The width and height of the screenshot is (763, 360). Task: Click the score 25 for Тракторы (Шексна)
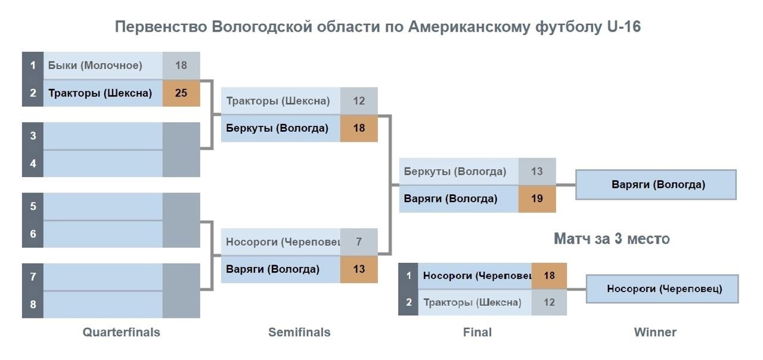[181, 93]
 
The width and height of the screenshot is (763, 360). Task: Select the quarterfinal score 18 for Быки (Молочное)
[181, 66]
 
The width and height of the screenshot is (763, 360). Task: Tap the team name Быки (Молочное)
[95, 66]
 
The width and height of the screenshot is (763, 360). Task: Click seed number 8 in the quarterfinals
[33, 304]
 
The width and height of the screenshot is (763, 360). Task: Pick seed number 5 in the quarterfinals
[33, 206]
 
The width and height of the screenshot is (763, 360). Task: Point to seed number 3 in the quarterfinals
[33, 135]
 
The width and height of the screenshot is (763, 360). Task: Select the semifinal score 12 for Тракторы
[359, 101]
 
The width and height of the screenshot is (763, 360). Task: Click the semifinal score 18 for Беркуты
[359, 128]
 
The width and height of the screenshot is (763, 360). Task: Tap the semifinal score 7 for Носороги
[359, 242]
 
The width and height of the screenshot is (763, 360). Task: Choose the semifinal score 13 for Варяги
[359, 269]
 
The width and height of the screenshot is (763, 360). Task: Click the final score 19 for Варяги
[537, 198]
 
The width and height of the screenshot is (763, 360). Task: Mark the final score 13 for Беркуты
[537, 171]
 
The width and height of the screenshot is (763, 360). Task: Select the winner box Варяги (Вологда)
[656, 185]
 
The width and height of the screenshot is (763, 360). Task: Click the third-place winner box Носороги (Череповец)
[662, 289]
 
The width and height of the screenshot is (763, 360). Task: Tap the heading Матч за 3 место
[612, 239]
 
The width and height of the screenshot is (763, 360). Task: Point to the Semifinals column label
[299, 332]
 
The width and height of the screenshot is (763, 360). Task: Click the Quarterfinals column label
[121, 332]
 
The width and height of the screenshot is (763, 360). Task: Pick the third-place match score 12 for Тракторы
[549, 302]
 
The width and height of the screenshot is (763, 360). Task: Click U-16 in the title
[624, 27]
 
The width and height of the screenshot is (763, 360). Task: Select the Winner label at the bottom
[655, 332]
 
